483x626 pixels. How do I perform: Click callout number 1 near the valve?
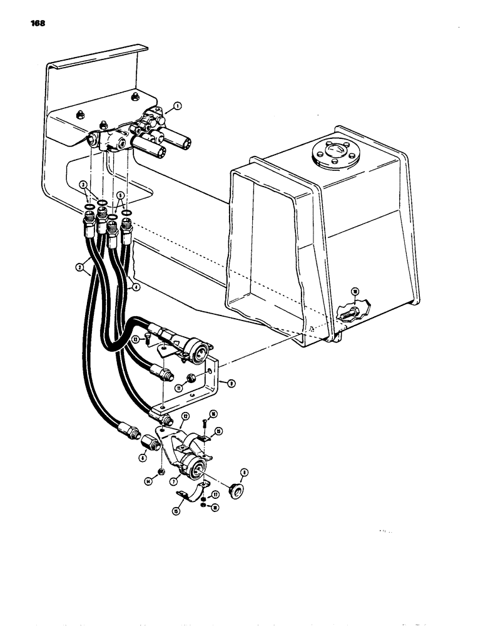[178, 106]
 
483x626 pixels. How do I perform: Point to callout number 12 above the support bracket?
[185, 415]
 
